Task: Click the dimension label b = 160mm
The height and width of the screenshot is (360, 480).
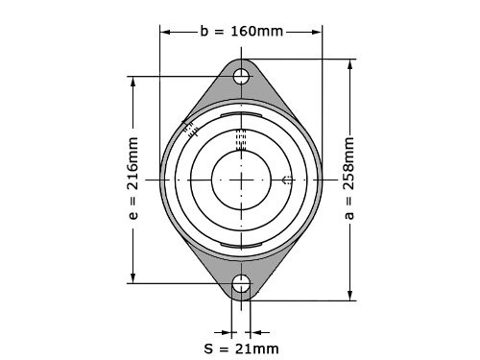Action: coord(242,32)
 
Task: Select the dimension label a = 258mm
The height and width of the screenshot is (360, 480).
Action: coord(349,179)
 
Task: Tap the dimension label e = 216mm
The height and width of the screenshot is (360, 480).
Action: coord(133,179)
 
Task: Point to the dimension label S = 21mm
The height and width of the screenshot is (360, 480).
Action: coord(241,348)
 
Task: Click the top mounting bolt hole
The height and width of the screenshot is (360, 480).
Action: coord(241,76)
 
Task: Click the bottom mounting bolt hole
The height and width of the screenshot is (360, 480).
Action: coord(241,283)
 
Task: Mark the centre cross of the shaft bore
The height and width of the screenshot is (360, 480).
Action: coord(241,180)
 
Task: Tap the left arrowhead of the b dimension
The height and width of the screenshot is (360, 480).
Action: coord(165,32)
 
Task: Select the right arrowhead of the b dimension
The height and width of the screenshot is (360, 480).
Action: coord(317,32)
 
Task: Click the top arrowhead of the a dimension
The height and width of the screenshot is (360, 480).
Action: coord(350,64)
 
